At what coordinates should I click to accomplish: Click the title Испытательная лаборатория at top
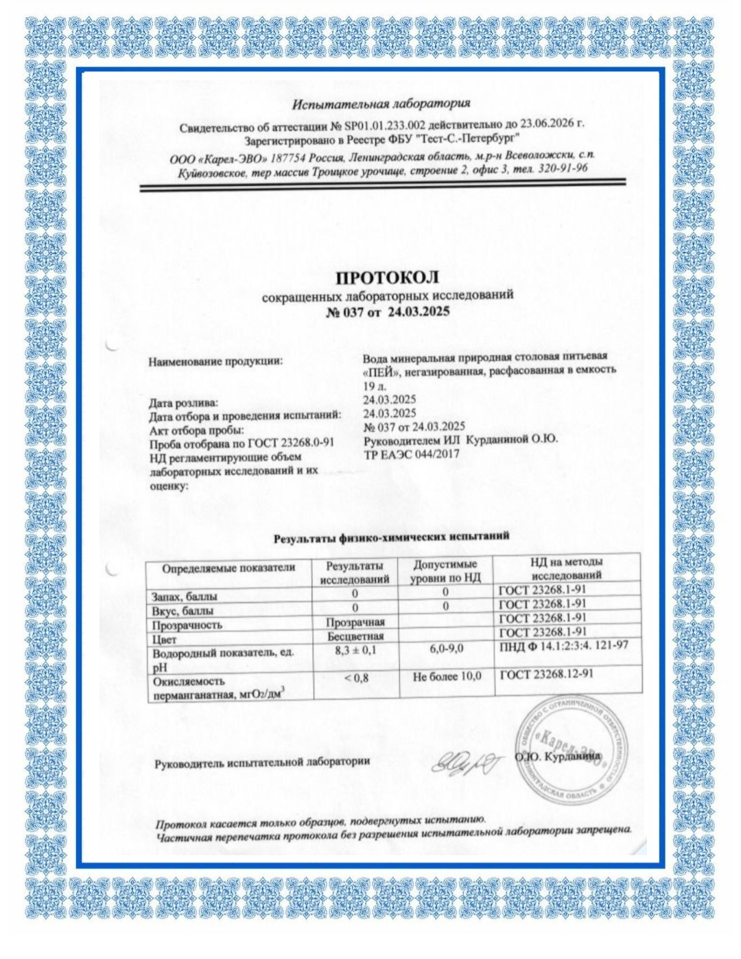pos(381,104)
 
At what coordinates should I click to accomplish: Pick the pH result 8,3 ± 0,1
pos(355,649)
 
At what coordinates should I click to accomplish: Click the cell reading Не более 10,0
pos(447,677)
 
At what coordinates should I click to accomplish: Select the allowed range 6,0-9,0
pos(446,648)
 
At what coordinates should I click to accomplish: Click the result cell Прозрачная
pos(355,622)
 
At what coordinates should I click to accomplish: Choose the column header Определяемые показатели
pos(228,568)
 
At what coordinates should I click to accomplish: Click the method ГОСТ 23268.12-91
pos(546,674)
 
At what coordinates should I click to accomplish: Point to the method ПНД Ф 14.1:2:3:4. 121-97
pos(563,645)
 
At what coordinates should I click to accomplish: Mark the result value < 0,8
pos(356,678)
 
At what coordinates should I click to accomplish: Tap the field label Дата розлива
pos(183,402)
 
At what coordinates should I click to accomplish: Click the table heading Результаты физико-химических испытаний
pos(391,537)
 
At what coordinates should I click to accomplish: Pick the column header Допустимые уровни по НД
pos(445,570)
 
